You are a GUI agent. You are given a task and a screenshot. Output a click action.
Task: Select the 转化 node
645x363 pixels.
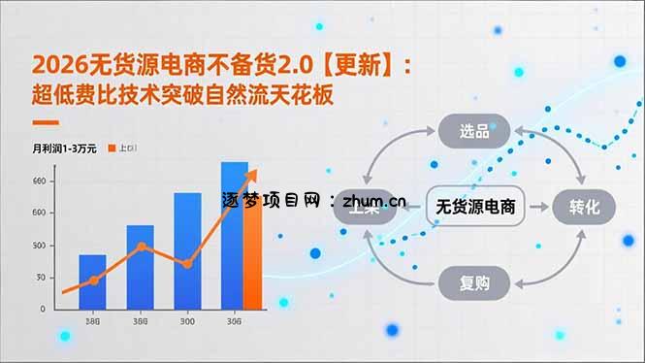pos(585,206)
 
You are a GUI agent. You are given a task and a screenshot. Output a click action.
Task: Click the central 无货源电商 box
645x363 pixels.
pos(475,206)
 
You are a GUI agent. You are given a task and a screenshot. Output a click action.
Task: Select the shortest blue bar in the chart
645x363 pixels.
pos(93,281)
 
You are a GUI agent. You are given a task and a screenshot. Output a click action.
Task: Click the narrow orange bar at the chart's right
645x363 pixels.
pos(253,243)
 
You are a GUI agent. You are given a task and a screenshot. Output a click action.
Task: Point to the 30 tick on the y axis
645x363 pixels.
pos(40,278)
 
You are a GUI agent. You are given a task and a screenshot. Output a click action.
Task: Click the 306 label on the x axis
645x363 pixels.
pos(234,322)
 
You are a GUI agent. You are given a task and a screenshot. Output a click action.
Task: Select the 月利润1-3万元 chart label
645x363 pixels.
pos(64,148)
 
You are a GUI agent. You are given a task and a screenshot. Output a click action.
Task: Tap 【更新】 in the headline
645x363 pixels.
pos(361,65)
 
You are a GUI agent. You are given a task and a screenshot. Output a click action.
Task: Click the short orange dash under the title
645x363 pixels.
pos(47,123)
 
